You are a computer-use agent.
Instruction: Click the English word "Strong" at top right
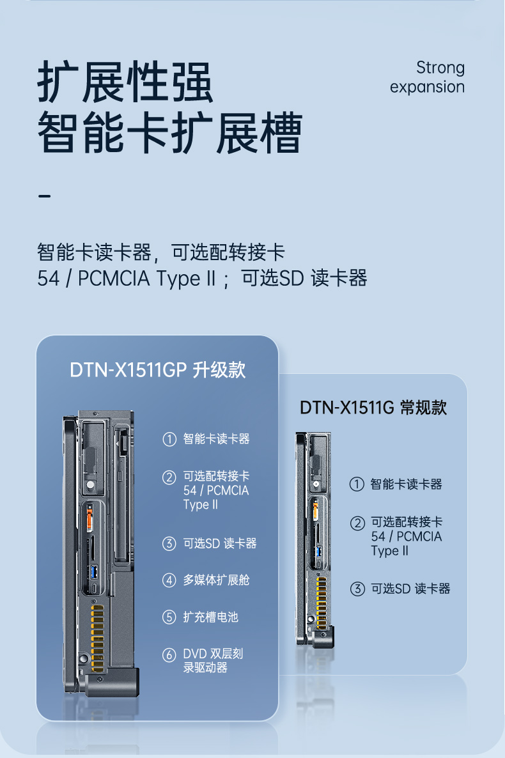[440, 67]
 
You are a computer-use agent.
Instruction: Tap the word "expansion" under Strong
[427, 87]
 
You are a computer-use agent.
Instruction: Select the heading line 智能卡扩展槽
[169, 133]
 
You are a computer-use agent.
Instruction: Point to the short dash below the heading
[44, 195]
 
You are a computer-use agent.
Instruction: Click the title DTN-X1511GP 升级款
[157, 371]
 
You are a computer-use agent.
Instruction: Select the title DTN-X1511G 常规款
[373, 408]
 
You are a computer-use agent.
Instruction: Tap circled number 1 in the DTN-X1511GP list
[169, 439]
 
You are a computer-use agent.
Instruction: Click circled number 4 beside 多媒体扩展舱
[169, 580]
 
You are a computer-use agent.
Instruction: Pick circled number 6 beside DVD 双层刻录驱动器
[169, 654]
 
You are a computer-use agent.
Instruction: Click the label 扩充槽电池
[210, 617]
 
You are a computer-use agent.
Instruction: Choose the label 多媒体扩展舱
[216, 580]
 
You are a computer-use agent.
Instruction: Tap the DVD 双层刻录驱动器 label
[213, 661]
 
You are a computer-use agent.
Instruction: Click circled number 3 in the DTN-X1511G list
[357, 589]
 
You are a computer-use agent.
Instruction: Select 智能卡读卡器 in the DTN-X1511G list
[406, 484]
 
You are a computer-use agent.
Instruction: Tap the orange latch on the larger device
[89, 514]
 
